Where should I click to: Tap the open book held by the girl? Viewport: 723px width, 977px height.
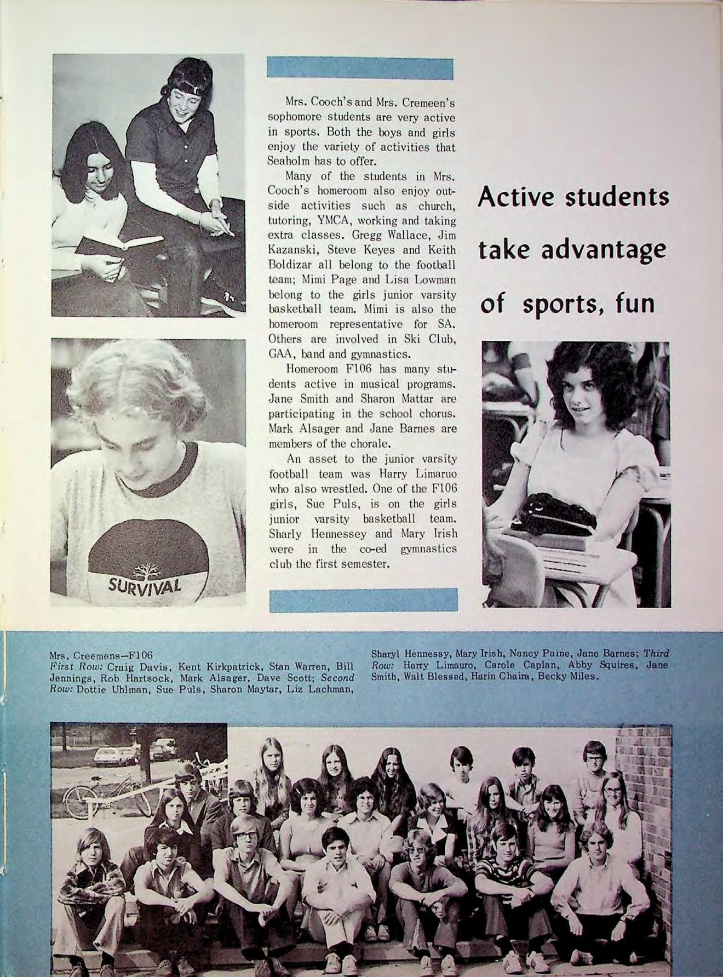point(118,243)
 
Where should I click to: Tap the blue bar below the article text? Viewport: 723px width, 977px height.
point(364,599)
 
